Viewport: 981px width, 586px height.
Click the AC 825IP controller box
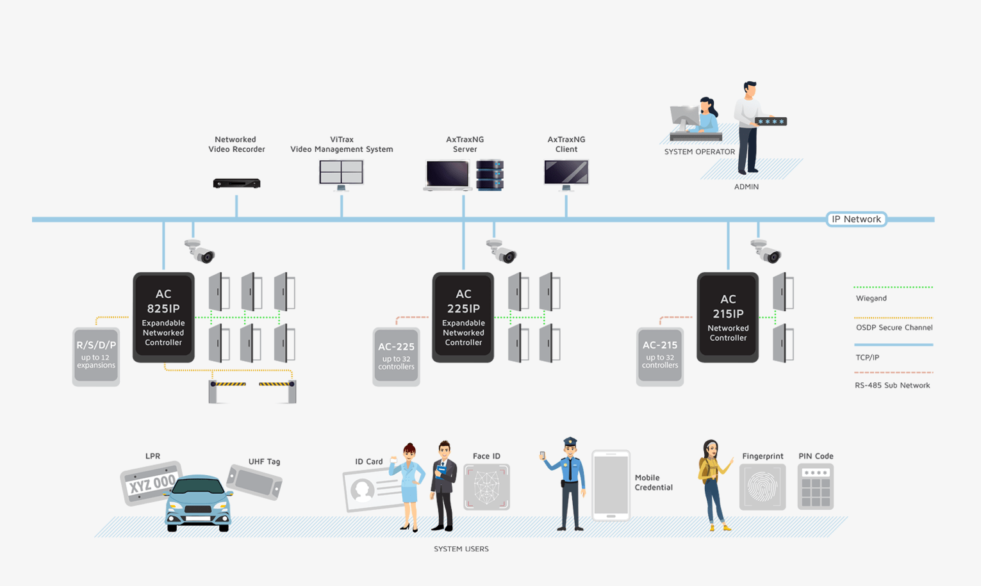[x=163, y=317]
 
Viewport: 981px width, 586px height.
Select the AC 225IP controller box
[x=463, y=317]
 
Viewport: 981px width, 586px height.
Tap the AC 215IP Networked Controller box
[x=727, y=317]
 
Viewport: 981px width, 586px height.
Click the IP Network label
[x=856, y=219]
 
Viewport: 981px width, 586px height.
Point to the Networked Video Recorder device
[x=236, y=184]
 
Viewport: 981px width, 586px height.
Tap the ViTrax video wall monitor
[x=342, y=173]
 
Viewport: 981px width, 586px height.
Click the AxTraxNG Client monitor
[x=566, y=173]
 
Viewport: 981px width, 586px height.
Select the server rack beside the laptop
[x=490, y=175]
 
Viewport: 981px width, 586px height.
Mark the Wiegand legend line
[x=893, y=288]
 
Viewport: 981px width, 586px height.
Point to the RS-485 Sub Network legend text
[x=892, y=386]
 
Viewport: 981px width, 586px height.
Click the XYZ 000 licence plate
[x=151, y=484]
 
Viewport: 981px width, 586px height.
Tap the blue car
[x=199, y=503]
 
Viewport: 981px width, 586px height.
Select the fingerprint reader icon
[x=763, y=487]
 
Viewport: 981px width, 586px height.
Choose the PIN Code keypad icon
[x=816, y=487]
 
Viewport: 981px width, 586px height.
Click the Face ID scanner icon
[x=486, y=487]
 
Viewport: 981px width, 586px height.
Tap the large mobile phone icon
[x=611, y=485]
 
